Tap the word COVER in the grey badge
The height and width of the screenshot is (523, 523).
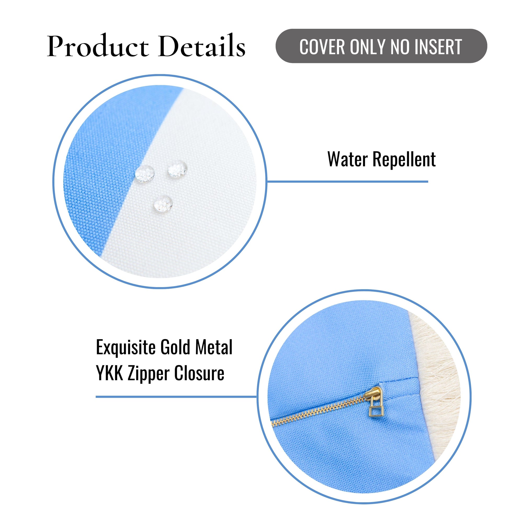(x=322, y=47)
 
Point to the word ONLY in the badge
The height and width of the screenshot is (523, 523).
(x=369, y=47)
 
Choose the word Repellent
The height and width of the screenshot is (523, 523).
(x=405, y=160)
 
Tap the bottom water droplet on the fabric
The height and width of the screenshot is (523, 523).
(x=163, y=203)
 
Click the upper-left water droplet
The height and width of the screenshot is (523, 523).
(x=145, y=174)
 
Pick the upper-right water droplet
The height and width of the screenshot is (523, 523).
(x=178, y=169)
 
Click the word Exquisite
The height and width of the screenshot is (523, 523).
(x=126, y=347)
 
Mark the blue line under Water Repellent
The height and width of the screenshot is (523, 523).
(x=348, y=181)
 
